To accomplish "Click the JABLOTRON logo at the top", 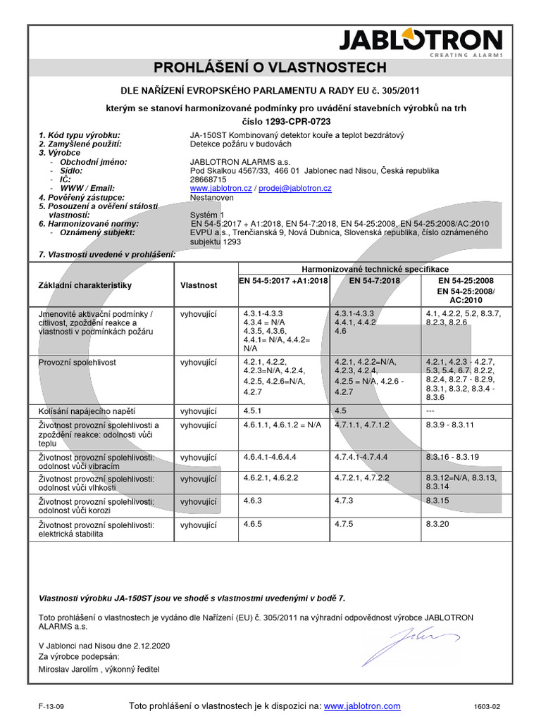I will pyautogui.click(x=421, y=43).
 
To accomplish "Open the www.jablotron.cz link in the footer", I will pyautogui.click(x=362, y=706).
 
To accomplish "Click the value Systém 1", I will pyautogui.click(x=207, y=215).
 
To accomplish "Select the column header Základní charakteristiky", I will pyautogui.click(x=85, y=286).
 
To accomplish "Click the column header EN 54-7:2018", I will pyautogui.click(x=374, y=280).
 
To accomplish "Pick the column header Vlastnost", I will pyautogui.click(x=198, y=286).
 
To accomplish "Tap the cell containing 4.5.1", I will pyautogui.click(x=253, y=410).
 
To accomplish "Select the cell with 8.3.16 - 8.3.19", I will pyautogui.click(x=452, y=457).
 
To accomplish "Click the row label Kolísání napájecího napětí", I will pyautogui.click(x=86, y=410).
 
